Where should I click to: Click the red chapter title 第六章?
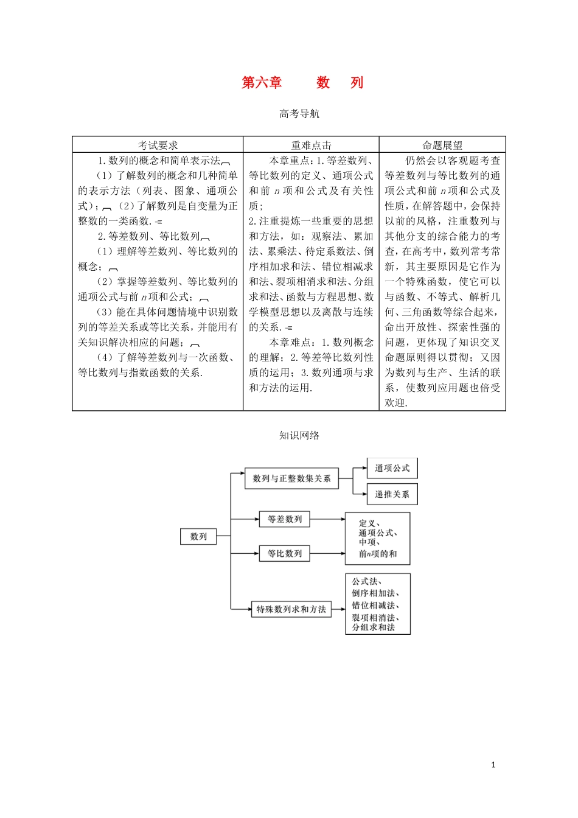pos(262,83)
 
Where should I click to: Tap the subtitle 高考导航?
pos(299,114)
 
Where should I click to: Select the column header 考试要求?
pos(158,145)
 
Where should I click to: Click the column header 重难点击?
pos(311,145)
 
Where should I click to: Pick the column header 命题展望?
pos(442,145)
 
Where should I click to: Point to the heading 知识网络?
pos(299,435)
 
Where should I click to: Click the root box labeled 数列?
pos(198,536)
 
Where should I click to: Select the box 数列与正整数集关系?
pos(291,478)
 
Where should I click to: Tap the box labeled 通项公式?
pos(392,468)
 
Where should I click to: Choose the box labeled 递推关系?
pos(392,494)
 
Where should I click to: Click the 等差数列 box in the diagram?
pos(285,519)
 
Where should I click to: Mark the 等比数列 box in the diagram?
pos(285,553)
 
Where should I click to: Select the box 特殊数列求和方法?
pos(291,609)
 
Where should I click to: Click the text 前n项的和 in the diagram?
pos(377,554)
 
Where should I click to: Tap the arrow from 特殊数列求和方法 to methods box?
pos(338,609)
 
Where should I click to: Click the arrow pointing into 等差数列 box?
pos(253,519)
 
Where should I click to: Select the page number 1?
pos(493,764)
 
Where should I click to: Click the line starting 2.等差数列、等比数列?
pos(149,236)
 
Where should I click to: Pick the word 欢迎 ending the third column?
pos(395,403)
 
